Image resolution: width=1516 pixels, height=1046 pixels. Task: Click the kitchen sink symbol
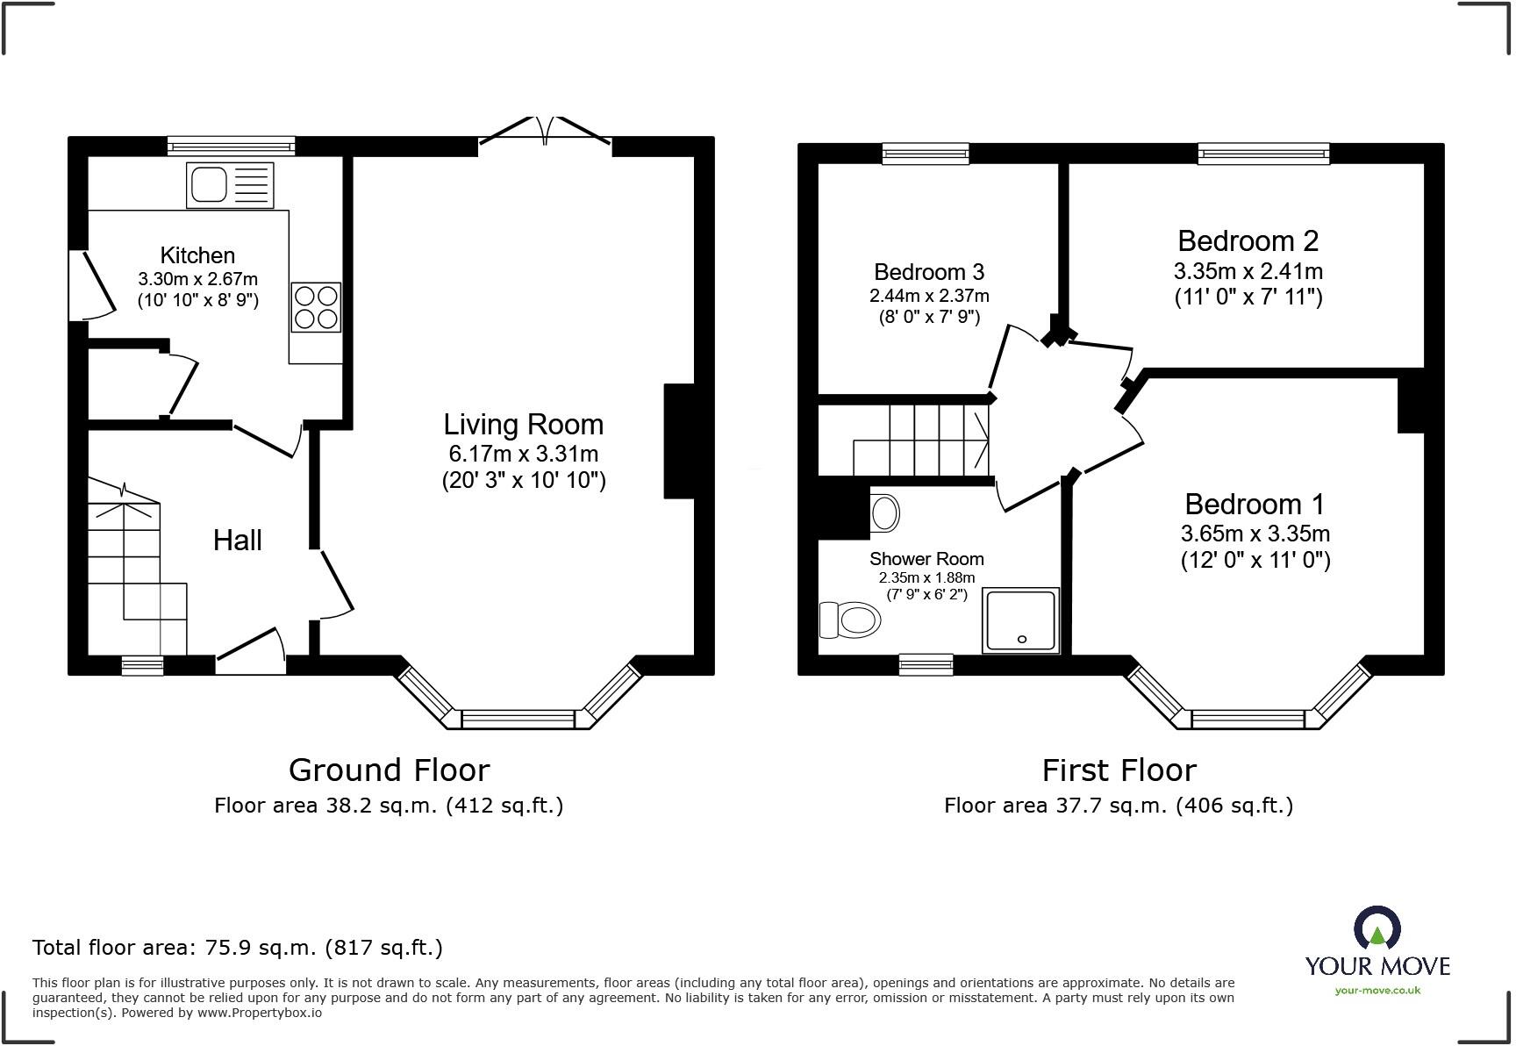[x=230, y=185]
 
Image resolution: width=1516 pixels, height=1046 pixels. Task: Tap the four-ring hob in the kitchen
[x=316, y=307]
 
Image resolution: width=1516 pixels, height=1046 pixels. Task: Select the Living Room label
[x=524, y=425]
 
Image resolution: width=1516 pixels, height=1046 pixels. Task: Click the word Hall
[x=238, y=541]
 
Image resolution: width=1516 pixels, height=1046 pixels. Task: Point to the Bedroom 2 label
[x=1248, y=240]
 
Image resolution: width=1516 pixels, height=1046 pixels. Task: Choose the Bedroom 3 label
[x=929, y=272]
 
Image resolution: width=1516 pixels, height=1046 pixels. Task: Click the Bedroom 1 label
[x=1255, y=504]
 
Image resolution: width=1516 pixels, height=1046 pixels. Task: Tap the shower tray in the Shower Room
[x=1021, y=620]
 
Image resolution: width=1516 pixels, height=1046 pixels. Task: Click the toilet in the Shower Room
[x=849, y=620]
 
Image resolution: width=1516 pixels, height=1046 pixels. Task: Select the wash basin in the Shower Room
[x=885, y=512]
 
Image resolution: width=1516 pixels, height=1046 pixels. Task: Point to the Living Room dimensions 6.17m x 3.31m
[x=524, y=454]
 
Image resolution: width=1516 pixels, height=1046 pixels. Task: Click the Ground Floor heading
[x=389, y=770]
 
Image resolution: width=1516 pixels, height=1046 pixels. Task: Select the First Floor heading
[x=1119, y=770]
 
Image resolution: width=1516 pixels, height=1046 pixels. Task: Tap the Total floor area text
[x=238, y=948]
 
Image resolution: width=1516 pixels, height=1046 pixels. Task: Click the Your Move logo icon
[x=1377, y=928]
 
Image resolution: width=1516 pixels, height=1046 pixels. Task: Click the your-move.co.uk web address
[x=1377, y=991]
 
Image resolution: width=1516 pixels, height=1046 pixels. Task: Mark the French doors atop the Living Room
[x=546, y=132]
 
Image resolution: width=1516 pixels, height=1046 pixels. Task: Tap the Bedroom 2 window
[x=1264, y=154]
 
